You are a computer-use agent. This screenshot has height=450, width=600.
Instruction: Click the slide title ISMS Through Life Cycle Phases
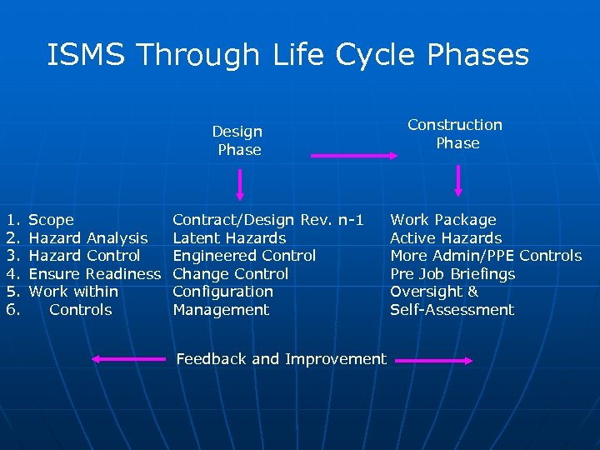click(x=288, y=56)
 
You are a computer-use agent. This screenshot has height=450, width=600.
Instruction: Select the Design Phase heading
click(x=238, y=141)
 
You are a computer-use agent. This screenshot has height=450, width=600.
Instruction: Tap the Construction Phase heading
click(x=456, y=133)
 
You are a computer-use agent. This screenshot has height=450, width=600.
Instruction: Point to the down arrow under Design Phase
click(x=240, y=184)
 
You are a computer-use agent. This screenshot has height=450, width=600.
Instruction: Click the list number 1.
click(x=12, y=220)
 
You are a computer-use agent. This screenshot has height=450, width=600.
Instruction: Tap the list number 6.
click(x=12, y=310)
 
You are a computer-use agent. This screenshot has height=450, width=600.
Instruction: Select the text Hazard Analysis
click(x=88, y=238)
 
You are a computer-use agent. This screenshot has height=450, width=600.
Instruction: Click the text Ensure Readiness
click(x=94, y=274)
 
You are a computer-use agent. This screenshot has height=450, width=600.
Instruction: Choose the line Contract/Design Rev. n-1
click(x=268, y=220)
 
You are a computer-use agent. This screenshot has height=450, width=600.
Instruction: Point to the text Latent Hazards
click(x=229, y=238)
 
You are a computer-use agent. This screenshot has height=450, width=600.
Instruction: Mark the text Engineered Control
click(x=244, y=256)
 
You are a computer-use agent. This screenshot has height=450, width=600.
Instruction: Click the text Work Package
click(x=443, y=220)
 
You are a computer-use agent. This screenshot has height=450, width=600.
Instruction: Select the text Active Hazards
click(x=447, y=238)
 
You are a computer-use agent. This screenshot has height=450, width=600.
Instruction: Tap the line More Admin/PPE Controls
click(x=486, y=256)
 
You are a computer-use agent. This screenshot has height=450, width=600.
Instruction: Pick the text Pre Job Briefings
click(x=452, y=274)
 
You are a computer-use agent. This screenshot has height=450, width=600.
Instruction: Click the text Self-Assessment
click(x=452, y=310)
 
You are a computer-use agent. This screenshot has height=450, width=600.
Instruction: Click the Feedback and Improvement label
click(x=282, y=359)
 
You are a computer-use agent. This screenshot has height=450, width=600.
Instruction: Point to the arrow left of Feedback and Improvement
click(x=129, y=359)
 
